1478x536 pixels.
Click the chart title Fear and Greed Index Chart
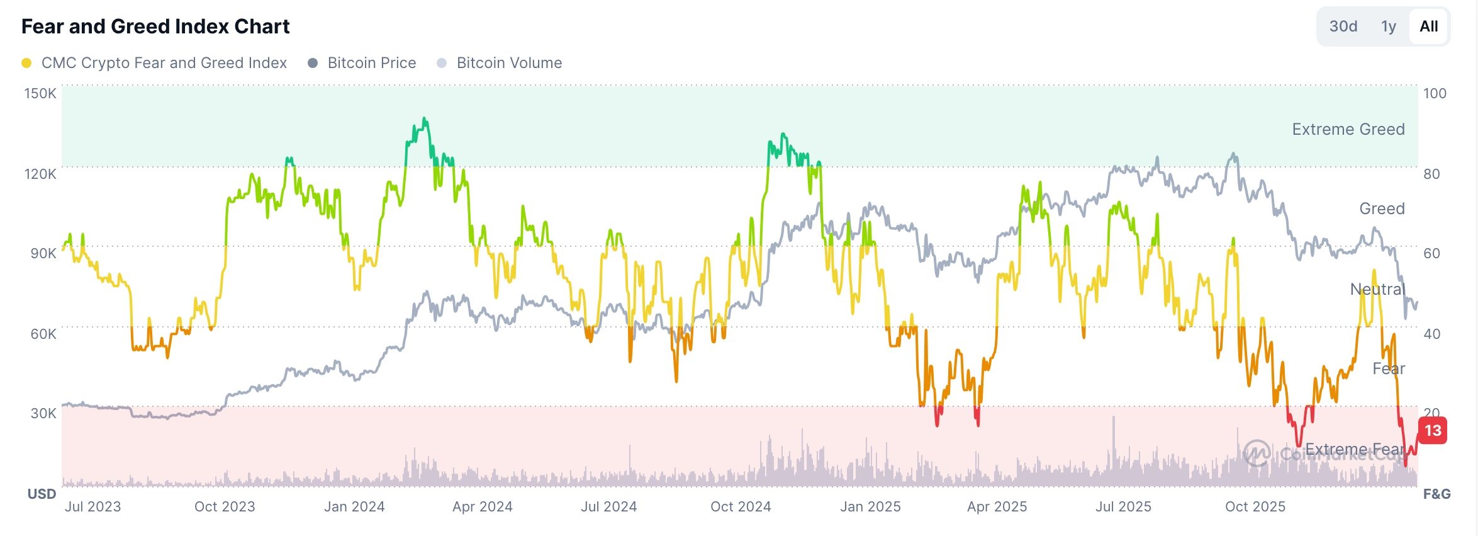click(x=155, y=26)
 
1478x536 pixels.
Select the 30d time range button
click(x=1343, y=26)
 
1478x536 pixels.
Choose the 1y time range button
click(x=1388, y=26)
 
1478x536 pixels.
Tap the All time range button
click(x=1428, y=26)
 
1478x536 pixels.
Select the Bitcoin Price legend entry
click(x=371, y=63)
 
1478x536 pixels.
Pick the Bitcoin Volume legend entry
click(x=508, y=63)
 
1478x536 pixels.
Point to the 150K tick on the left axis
click(x=40, y=93)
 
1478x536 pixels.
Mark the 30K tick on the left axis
click(x=43, y=413)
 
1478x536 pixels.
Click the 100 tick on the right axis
click(x=1435, y=93)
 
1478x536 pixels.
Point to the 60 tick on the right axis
click(x=1431, y=253)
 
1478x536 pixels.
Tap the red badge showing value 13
click(x=1433, y=431)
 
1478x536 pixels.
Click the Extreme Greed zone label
click(x=1348, y=129)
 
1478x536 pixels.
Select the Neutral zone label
click(x=1377, y=289)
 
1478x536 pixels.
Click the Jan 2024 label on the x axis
click(x=354, y=506)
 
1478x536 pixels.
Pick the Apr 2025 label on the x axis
click(x=997, y=506)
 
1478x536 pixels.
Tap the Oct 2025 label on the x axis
click(x=1255, y=506)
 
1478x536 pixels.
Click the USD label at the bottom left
click(x=42, y=494)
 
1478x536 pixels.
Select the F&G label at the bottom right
click(x=1436, y=494)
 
